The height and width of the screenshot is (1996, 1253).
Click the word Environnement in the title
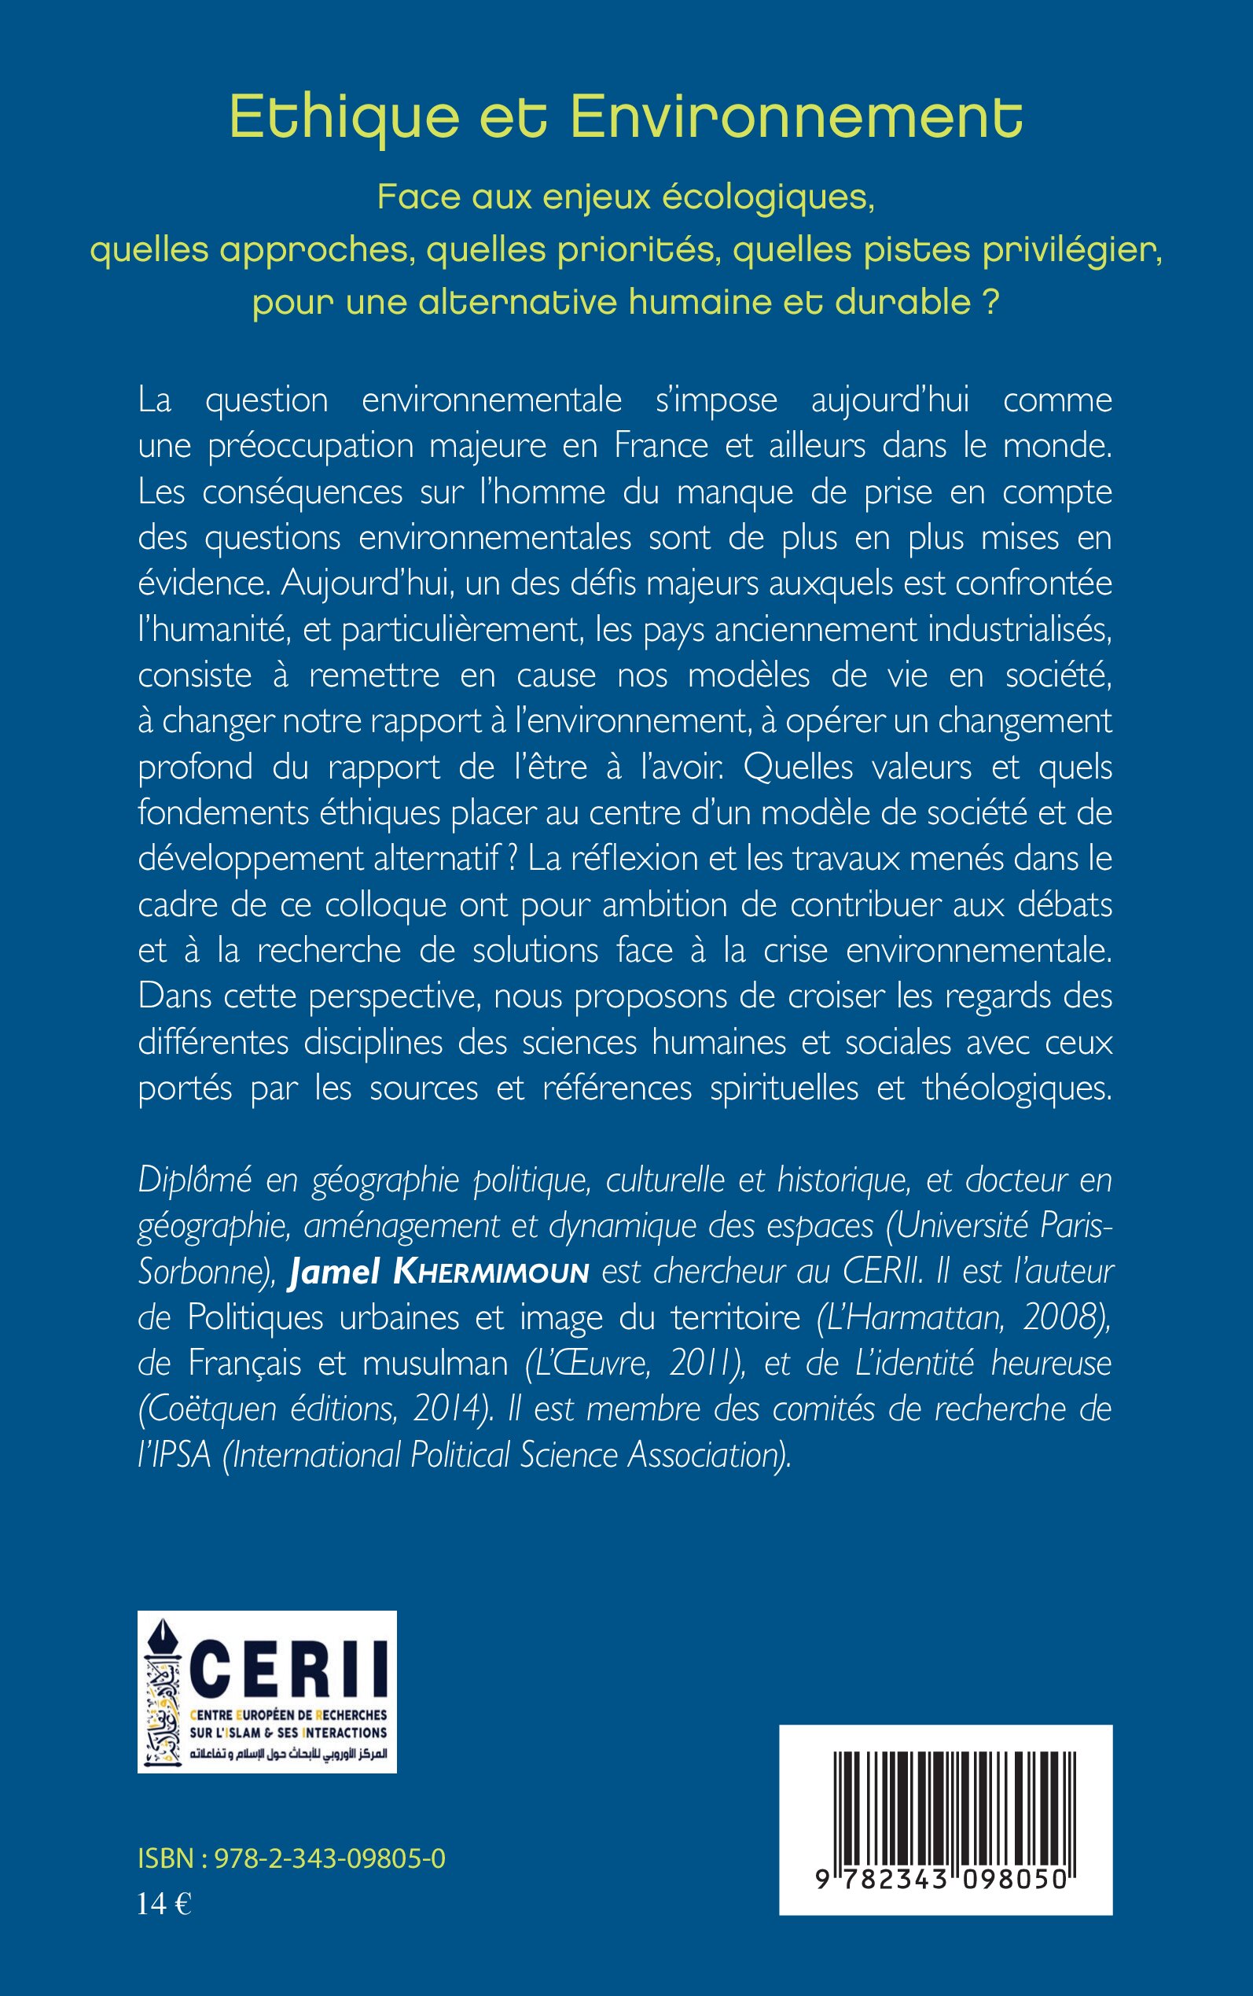[796, 118]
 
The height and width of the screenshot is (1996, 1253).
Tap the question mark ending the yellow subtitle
[990, 303]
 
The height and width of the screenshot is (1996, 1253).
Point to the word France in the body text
[660, 446]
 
